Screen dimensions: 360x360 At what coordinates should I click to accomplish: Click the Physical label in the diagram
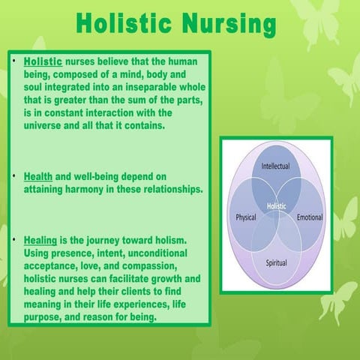click(x=242, y=217)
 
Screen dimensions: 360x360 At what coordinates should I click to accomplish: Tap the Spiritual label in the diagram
click(x=277, y=263)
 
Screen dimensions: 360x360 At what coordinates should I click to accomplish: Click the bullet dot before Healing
click(x=16, y=241)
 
